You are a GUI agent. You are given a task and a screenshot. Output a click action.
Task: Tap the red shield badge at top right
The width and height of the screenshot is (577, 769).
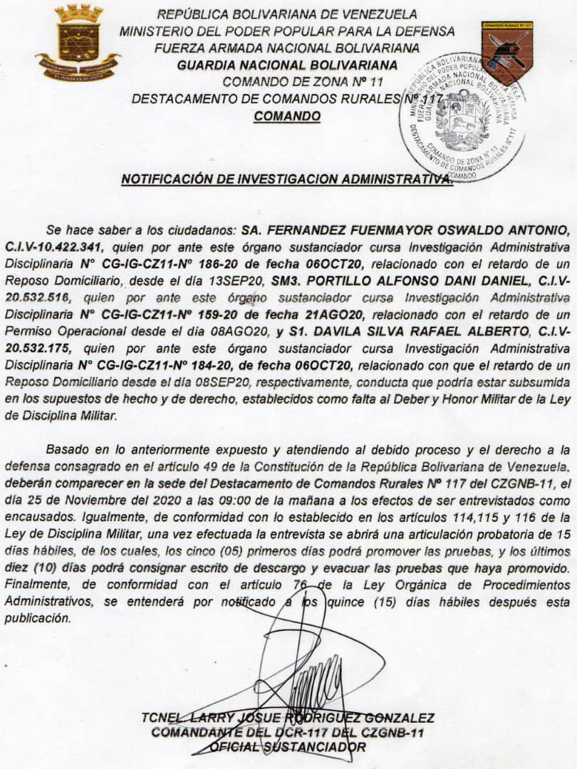(506, 52)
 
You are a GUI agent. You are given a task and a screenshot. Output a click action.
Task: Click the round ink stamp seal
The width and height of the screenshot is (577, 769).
(463, 117)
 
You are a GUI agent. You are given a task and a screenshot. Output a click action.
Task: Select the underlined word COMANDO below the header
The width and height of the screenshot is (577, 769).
(287, 115)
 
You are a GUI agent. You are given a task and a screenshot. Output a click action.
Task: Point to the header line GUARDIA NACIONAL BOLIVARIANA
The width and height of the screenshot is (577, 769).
(287, 66)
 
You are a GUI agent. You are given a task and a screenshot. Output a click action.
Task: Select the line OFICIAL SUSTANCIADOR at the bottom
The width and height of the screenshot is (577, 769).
(288, 747)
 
